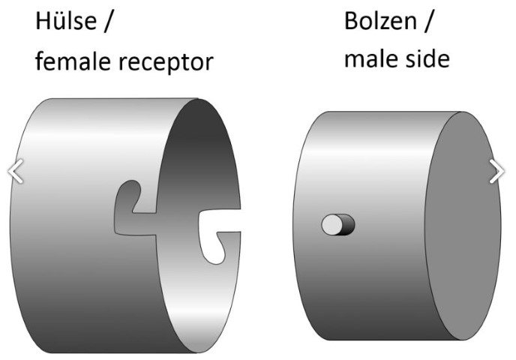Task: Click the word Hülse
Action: coord(66,21)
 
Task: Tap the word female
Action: coord(73,61)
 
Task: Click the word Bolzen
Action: coord(381,21)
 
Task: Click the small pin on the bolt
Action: coord(338,225)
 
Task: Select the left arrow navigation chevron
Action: coord(15,171)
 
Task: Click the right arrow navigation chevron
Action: coord(496,171)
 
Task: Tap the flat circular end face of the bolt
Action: coord(462,226)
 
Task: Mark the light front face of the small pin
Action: coord(331,225)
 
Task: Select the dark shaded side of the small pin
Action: coord(349,225)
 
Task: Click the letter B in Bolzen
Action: coord(351,21)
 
